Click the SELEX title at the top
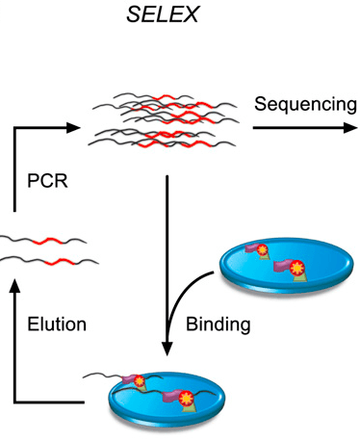163,14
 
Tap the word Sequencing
305,105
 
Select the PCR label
47,181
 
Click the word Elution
57,324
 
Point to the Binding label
219,324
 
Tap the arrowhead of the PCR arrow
73,128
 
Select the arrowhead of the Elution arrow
14,286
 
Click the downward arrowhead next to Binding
167,349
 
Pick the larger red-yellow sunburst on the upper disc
296,268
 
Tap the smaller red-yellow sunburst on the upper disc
263,249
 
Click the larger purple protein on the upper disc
282,267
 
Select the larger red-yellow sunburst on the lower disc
186,398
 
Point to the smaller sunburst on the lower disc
140,381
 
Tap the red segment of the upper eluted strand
47,241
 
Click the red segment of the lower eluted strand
60,261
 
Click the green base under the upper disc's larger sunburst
299,277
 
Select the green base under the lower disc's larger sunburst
189,407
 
